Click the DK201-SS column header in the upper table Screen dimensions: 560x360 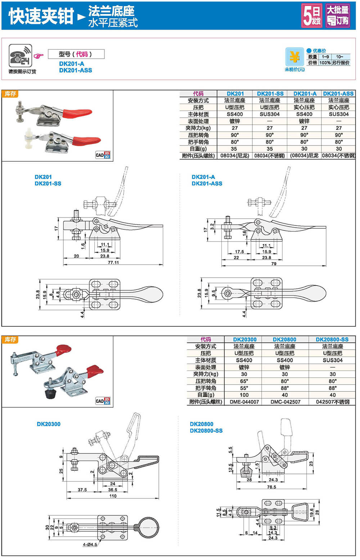pyautogui.click(x=270, y=94)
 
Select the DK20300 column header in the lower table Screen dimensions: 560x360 pyautogui.click(x=244, y=339)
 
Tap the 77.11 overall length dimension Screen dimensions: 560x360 pyautogui.click(x=113, y=263)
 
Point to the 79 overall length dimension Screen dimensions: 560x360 pyautogui.click(x=274, y=264)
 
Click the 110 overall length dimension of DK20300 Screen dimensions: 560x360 pyautogui.click(x=113, y=496)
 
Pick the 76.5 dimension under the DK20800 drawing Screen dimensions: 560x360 pyautogui.click(x=271, y=487)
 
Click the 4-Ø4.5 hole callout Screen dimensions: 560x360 pyautogui.click(x=90, y=545)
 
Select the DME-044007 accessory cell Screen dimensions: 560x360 pyautogui.click(x=244, y=402)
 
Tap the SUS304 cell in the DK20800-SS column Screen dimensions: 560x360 pyautogui.click(x=332, y=360)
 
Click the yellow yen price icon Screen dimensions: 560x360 pyautogui.click(x=294, y=57)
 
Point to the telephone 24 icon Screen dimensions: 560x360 pyautogui.click(x=21, y=56)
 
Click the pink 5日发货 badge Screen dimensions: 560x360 pyautogui.click(x=312, y=16)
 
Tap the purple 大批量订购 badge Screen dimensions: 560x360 pyautogui.click(x=337, y=16)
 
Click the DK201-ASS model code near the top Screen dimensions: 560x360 pyautogui.click(x=76, y=70)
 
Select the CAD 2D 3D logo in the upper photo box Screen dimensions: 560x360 pyautogui.click(x=103, y=155)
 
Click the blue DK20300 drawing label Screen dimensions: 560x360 pyautogui.click(x=49, y=424)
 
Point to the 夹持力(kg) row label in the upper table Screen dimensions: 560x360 pyautogui.click(x=198, y=128)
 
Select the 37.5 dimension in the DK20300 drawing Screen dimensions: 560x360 pyautogui.click(x=82, y=490)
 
